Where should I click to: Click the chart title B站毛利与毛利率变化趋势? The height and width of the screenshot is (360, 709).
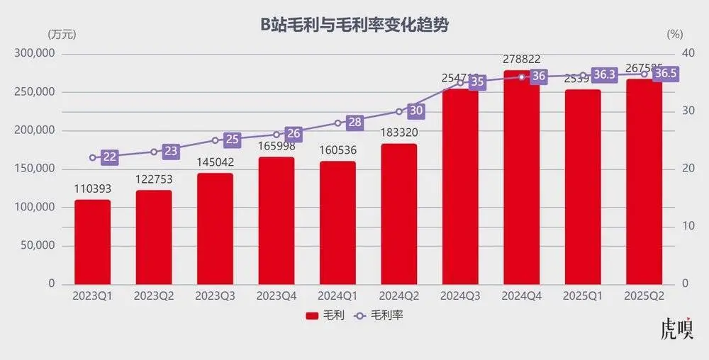(x=354, y=26)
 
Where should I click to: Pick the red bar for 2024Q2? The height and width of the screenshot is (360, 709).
(x=398, y=213)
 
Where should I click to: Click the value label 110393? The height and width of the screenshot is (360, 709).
(x=92, y=189)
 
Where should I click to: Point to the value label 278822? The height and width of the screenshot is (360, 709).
(x=521, y=60)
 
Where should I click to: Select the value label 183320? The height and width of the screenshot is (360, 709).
(x=398, y=133)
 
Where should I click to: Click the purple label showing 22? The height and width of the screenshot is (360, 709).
(x=109, y=157)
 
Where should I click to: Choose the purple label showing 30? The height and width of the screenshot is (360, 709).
(x=415, y=111)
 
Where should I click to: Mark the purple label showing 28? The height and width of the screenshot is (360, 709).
(x=354, y=123)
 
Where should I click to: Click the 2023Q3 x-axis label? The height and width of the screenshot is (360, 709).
(x=215, y=296)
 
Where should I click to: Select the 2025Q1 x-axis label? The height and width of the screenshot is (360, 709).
(x=582, y=296)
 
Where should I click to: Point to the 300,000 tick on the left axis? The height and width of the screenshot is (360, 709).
(x=35, y=54)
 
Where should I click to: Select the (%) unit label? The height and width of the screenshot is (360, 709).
(x=674, y=33)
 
